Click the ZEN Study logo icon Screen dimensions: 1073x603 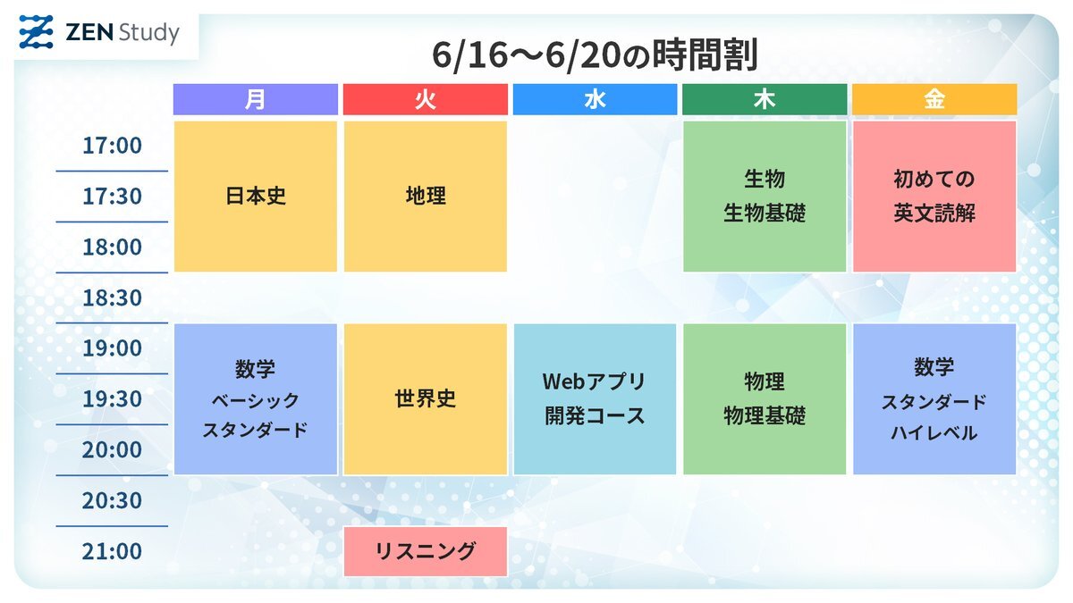tap(37, 32)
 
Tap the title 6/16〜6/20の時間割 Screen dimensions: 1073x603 tap(595, 55)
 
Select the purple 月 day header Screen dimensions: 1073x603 tap(256, 99)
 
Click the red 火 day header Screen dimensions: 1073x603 tap(426, 99)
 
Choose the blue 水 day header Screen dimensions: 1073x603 tap(595, 99)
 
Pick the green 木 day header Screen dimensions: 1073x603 tap(765, 99)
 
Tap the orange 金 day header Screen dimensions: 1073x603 tap(934, 99)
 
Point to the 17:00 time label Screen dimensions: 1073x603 tap(112, 146)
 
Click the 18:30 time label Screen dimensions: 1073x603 tap(112, 297)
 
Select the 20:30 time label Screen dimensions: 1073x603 tap(112, 500)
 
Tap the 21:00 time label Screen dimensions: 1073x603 tap(112, 551)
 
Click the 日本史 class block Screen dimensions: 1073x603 tap(256, 197)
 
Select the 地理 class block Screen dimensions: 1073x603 tap(426, 197)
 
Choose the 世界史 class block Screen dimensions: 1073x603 tap(426, 399)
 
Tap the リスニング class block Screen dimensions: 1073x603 tap(426, 551)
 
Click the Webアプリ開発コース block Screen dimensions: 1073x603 tap(595, 399)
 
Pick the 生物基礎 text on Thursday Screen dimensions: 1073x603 tap(765, 213)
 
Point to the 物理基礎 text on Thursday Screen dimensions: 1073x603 tap(765, 415)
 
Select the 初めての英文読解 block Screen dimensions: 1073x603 tap(934, 197)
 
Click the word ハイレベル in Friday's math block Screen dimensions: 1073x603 tap(934, 433)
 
